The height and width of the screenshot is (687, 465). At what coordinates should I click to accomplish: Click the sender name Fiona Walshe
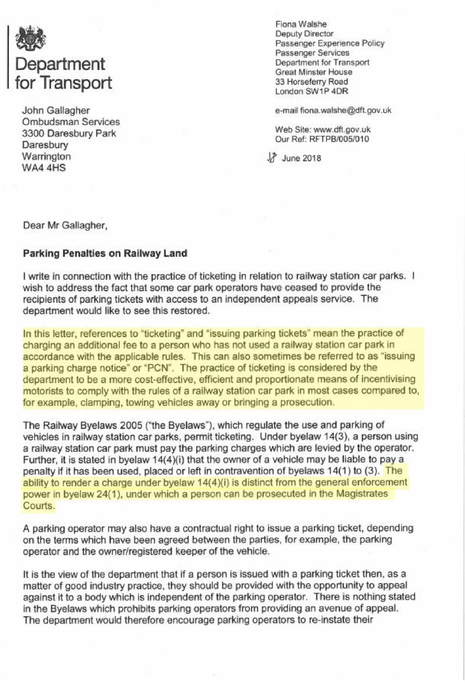click(297, 24)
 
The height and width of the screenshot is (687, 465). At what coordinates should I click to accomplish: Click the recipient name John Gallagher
click(56, 111)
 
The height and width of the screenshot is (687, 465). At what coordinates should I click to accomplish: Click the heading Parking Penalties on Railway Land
click(105, 254)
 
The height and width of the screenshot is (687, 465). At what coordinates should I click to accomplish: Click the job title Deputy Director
click(304, 34)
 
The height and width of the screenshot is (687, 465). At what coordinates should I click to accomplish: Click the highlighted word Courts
click(39, 508)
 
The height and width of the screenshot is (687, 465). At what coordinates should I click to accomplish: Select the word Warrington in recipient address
click(46, 156)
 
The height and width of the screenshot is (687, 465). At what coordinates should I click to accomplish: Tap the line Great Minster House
click(313, 72)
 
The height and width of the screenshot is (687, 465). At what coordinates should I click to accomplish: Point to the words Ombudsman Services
click(71, 122)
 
